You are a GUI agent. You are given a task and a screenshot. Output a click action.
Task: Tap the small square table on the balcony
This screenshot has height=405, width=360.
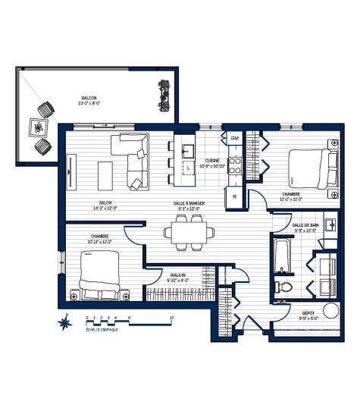point(38,127)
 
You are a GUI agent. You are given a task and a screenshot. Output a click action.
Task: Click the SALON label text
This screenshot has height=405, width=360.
point(105,203)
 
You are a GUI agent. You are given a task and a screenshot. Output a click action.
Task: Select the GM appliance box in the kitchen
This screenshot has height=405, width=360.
point(234,139)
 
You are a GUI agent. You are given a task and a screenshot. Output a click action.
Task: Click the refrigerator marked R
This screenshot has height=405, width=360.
point(234,196)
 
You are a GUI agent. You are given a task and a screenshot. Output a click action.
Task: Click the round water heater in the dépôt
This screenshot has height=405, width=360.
point(331,312)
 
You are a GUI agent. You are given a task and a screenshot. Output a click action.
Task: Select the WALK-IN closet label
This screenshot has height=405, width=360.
point(177,276)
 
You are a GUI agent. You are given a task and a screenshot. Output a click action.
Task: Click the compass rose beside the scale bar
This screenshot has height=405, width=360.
point(66,323)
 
